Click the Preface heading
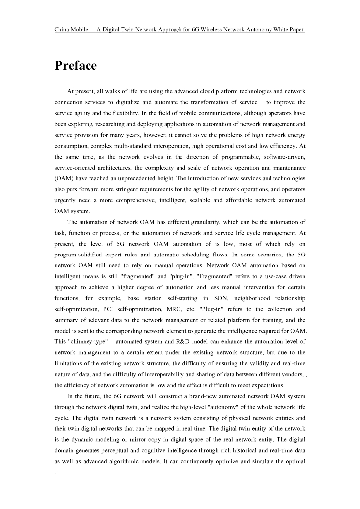[76, 66]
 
